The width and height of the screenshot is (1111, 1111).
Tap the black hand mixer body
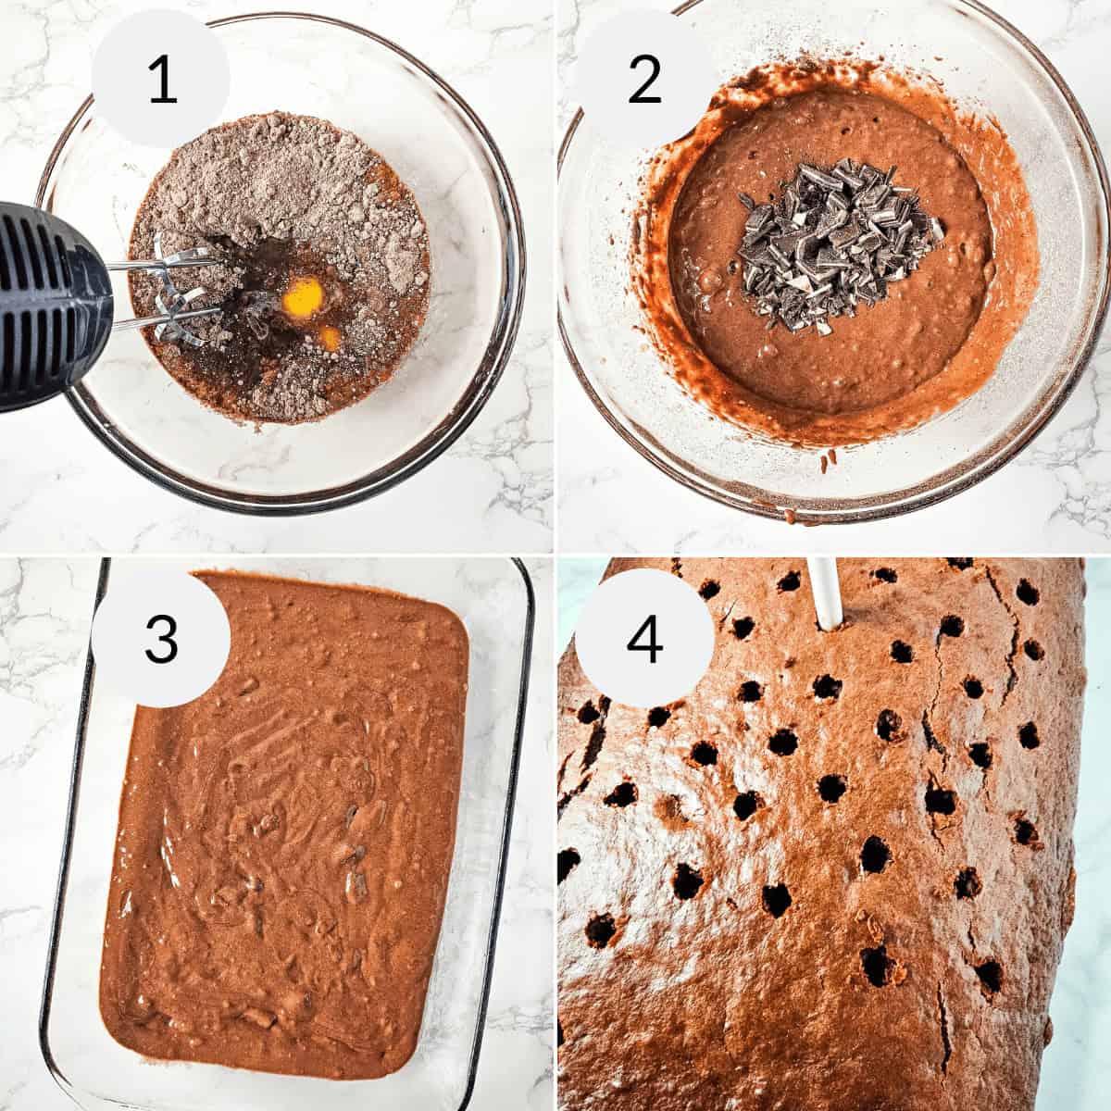click(x=42, y=306)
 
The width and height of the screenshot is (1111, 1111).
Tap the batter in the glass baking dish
click(x=287, y=833)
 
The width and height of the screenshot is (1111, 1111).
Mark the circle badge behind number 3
click(x=130, y=685)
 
